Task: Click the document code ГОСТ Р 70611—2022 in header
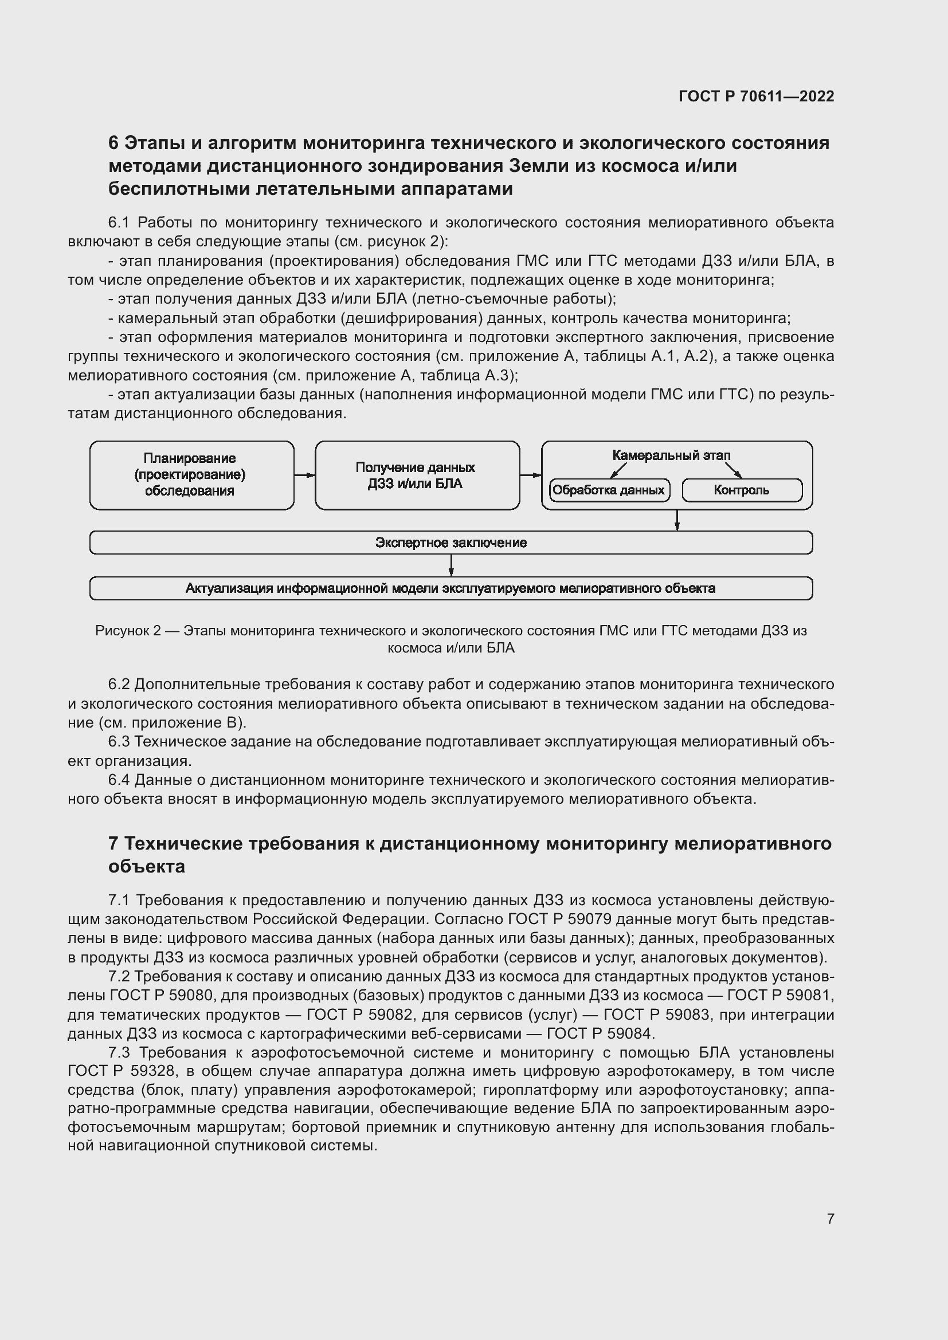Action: pos(756,96)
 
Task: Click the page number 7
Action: pos(830,1219)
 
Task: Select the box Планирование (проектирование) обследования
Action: pos(191,475)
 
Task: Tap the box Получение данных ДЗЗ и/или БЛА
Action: pos(417,475)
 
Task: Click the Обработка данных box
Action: pos(609,490)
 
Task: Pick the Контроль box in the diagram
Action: pos(741,490)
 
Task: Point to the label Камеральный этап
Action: pos(671,455)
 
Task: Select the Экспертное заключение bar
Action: pos(451,543)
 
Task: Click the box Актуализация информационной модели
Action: pos(451,588)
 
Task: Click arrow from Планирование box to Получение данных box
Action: pos(304,475)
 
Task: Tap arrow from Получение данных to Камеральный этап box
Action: pos(530,475)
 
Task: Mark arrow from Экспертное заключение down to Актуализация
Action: pos(451,565)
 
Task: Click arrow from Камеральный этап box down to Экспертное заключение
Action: pos(676,520)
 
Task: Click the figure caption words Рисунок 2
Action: pos(128,631)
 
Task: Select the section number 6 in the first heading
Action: pos(113,143)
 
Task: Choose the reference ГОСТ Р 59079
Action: pos(559,919)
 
